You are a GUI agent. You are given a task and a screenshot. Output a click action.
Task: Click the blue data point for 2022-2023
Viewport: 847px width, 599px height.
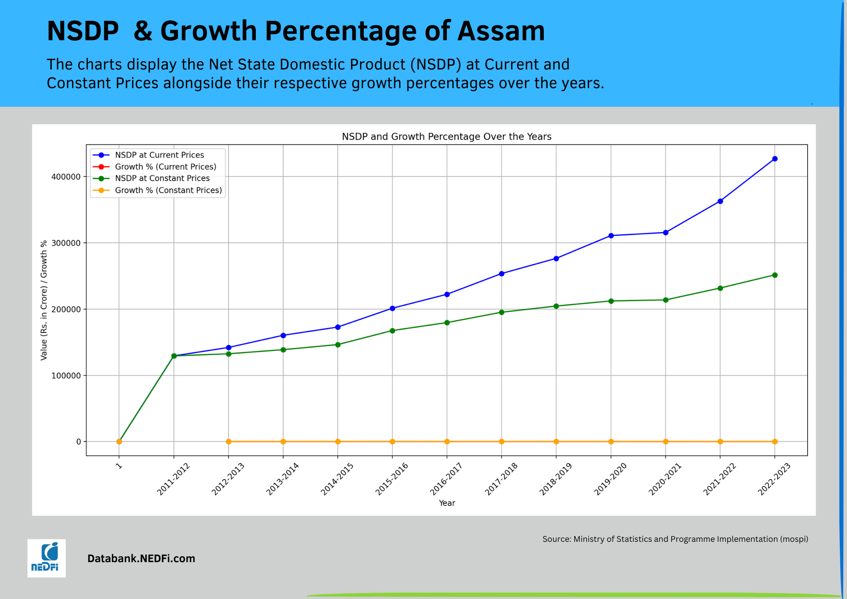(x=775, y=159)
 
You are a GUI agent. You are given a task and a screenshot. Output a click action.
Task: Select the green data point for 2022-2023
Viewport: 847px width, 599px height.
(x=775, y=275)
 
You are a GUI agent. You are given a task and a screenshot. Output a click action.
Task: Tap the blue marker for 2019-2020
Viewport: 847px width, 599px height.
(x=611, y=236)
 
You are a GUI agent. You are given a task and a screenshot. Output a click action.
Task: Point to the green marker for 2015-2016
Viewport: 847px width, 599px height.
(x=392, y=330)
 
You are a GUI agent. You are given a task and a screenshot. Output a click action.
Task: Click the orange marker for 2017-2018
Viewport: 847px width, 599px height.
(x=501, y=441)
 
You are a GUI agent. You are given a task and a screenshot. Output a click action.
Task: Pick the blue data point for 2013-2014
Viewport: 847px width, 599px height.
(x=283, y=336)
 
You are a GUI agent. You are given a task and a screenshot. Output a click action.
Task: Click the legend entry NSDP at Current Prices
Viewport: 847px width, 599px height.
(x=159, y=155)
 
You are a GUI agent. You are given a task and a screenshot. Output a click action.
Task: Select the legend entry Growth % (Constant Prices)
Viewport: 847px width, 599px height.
(x=168, y=190)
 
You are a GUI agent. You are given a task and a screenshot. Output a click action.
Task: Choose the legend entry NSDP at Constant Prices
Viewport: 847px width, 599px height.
(x=162, y=178)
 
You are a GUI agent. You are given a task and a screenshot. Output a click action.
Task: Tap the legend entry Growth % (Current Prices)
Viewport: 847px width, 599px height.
(x=166, y=167)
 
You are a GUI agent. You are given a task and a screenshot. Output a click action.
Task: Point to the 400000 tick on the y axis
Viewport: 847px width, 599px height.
(x=66, y=177)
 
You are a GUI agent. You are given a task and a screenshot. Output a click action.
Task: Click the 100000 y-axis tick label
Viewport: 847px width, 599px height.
(x=66, y=376)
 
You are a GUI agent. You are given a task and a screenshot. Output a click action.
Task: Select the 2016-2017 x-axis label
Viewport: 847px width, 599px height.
(x=446, y=479)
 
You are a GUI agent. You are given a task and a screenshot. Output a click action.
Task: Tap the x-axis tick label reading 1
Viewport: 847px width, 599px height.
(x=119, y=466)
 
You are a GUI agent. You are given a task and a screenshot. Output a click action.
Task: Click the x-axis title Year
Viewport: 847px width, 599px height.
(x=447, y=503)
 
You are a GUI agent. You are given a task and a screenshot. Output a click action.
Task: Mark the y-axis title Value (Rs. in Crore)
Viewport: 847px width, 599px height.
(x=44, y=300)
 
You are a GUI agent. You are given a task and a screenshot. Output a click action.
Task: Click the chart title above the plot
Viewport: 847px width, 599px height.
(x=446, y=136)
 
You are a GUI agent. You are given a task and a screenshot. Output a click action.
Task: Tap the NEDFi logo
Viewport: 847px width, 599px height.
(x=47, y=558)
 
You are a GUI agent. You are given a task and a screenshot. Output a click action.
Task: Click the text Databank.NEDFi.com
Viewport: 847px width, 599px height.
(x=141, y=558)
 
